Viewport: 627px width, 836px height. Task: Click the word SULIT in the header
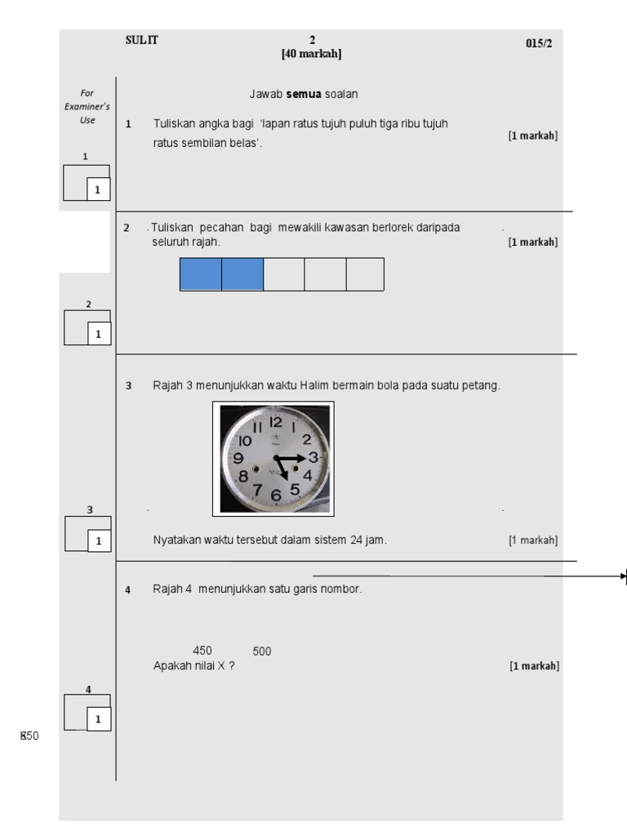pyautogui.click(x=141, y=41)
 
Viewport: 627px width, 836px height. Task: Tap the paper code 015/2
pyautogui.click(x=539, y=43)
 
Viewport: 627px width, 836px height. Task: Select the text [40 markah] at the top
pyautogui.click(x=311, y=54)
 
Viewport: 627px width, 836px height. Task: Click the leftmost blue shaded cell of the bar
pyautogui.click(x=201, y=274)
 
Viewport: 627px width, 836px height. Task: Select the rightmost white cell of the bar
pyautogui.click(x=365, y=274)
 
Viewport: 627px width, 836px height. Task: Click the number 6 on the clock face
pyautogui.click(x=276, y=494)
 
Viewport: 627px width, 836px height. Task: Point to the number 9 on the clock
pyautogui.click(x=239, y=458)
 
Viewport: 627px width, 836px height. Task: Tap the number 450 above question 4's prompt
pyautogui.click(x=202, y=651)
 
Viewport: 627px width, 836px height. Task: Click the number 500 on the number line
pyautogui.click(x=262, y=651)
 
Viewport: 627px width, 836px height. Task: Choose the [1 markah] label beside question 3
pyautogui.click(x=533, y=540)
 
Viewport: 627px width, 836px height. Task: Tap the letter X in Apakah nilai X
pyautogui.click(x=220, y=666)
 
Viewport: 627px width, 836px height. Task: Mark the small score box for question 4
pyautogui.click(x=98, y=719)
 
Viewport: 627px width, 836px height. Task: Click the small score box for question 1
pyautogui.click(x=98, y=189)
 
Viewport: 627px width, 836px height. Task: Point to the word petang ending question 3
pyautogui.click(x=480, y=385)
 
